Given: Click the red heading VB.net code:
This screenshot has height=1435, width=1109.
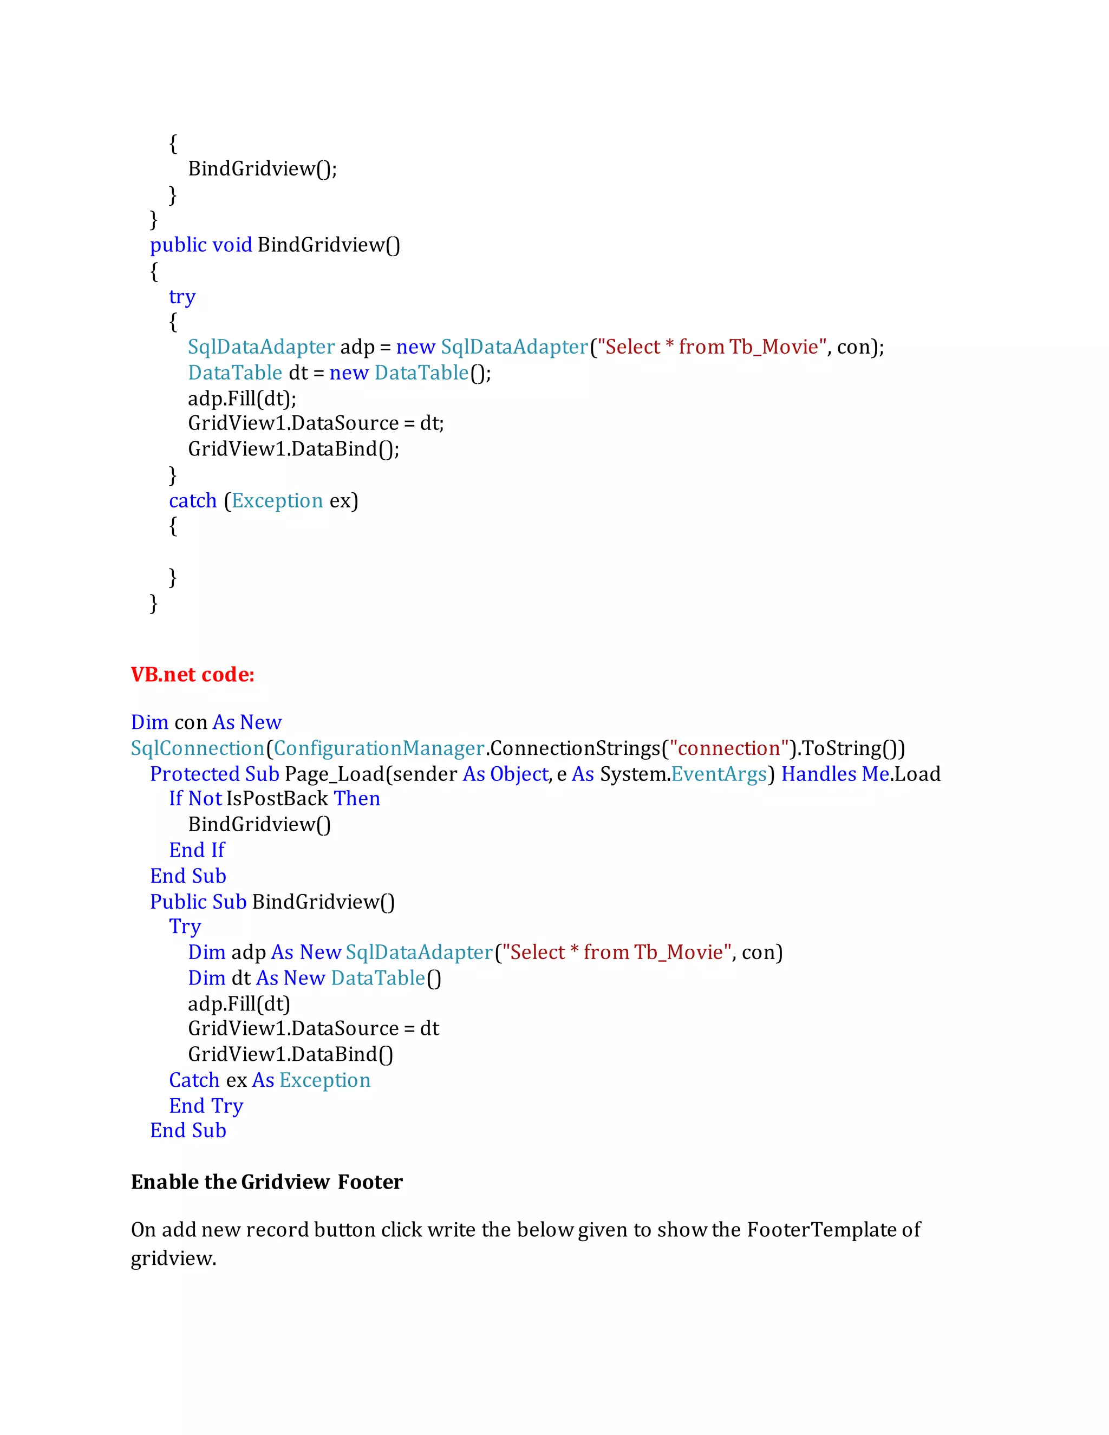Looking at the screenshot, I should [x=192, y=675].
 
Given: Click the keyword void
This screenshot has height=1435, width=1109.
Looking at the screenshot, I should [x=232, y=245].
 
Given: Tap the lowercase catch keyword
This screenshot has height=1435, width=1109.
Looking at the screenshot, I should [x=192, y=501].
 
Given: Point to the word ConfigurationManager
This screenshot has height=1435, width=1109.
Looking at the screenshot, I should [x=379, y=748].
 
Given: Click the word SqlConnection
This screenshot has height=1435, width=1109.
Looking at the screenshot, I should [x=198, y=748].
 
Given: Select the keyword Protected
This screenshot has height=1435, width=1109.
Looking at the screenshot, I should [x=194, y=774].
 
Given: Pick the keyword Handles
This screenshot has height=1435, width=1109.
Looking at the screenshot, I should [x=819, y=774].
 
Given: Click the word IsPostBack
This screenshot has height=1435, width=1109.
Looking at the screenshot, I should [x=277, y=799].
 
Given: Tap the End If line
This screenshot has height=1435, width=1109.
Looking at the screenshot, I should [x=197, y=850].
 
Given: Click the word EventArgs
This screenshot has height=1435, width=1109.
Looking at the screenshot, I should [x=719, y=774].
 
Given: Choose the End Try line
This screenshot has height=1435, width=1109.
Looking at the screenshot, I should [x=206, y=1106].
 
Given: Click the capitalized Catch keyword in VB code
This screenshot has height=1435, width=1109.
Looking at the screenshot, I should [x=194, y=1080].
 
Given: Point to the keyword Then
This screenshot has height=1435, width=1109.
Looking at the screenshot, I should [x=357, y=799].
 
